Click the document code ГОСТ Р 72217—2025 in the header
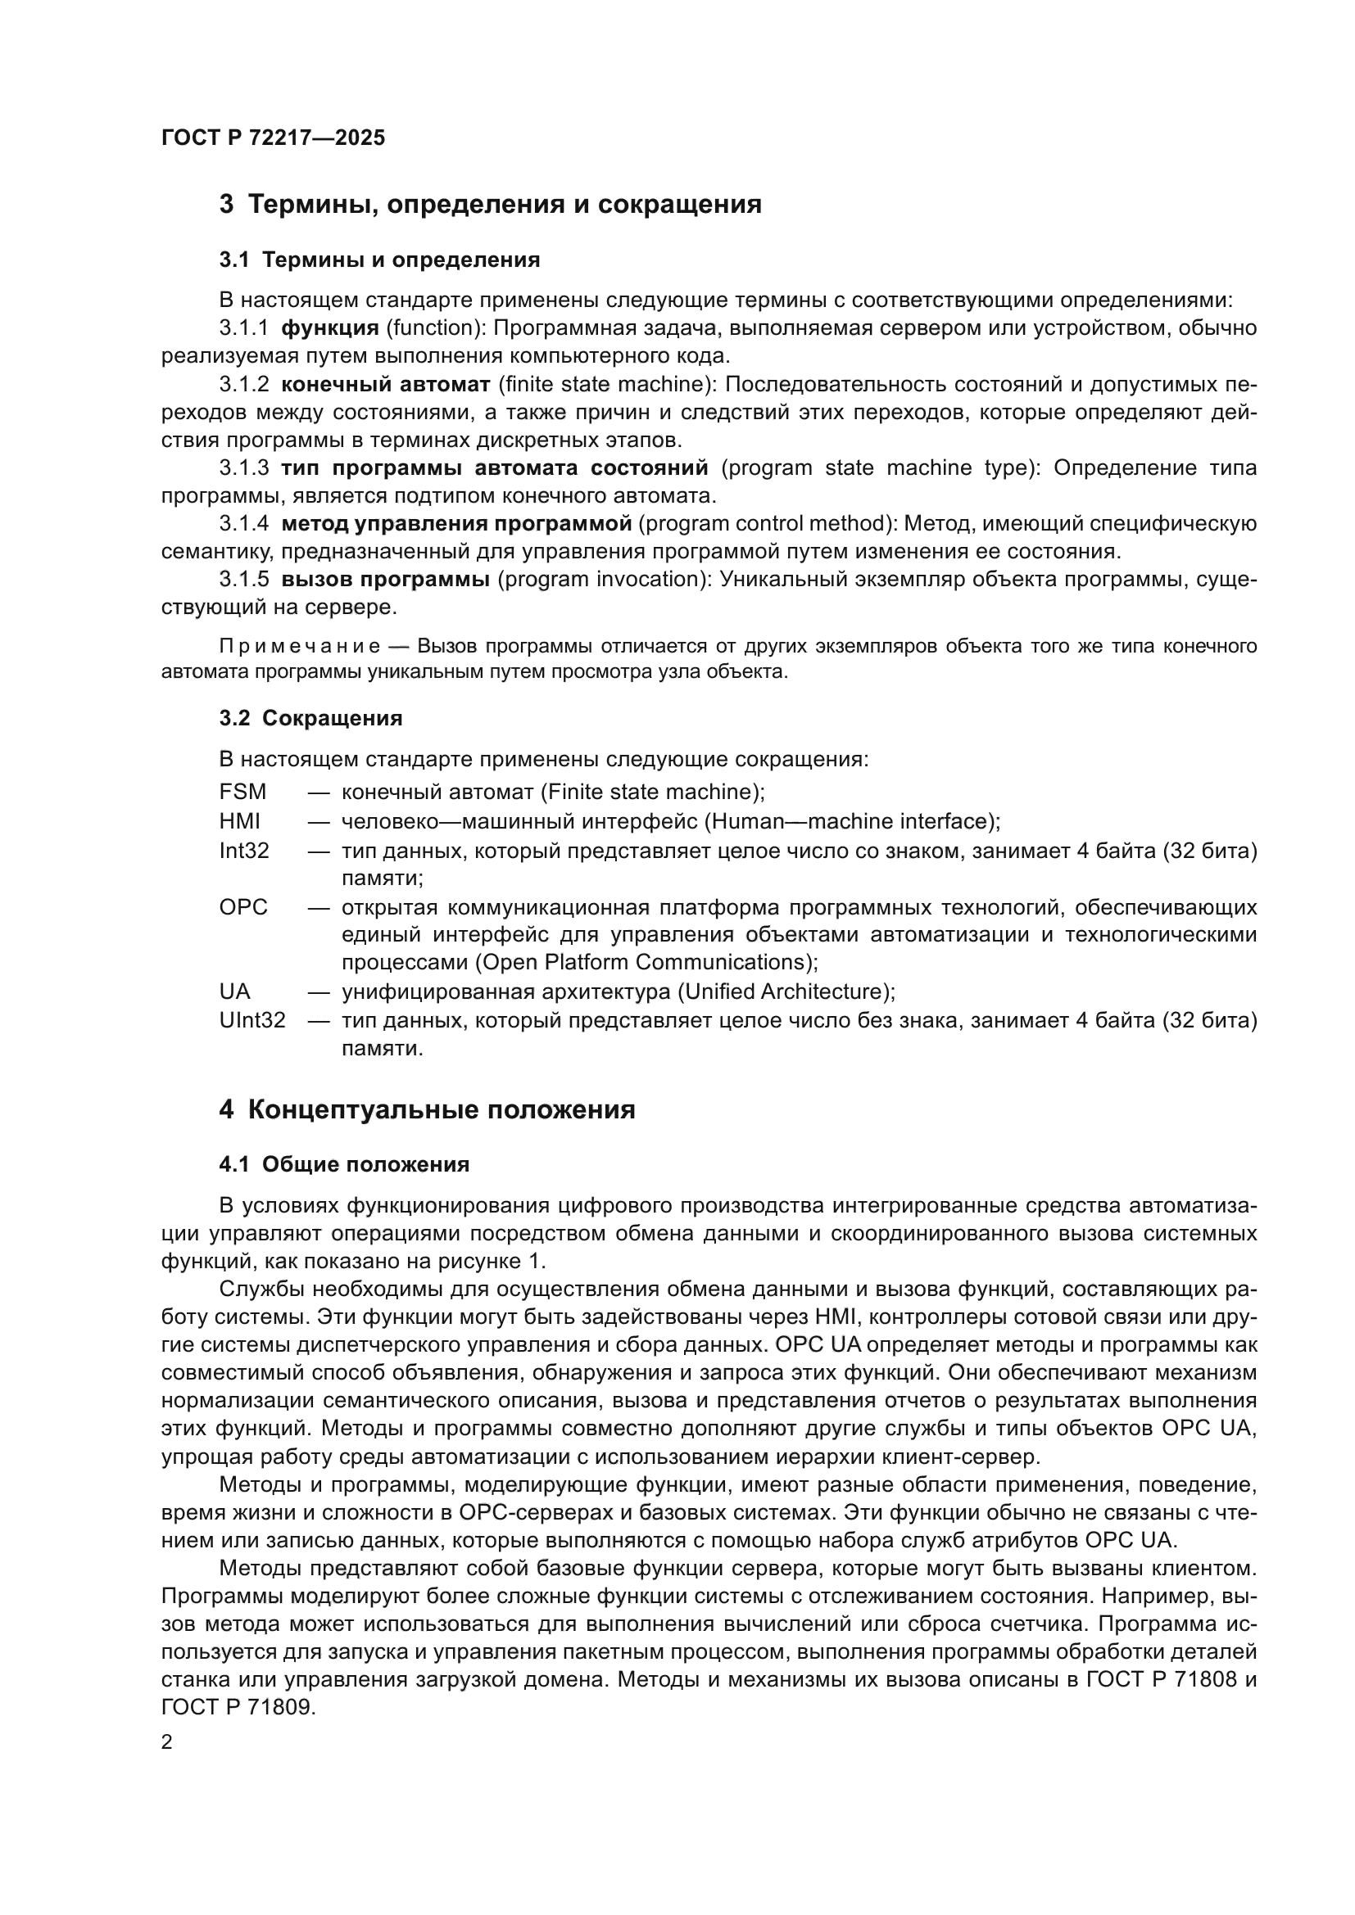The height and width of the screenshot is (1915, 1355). (273, 138)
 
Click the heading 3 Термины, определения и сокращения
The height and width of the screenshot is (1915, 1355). (490, 205)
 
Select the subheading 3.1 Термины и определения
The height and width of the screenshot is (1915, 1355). (379, 260)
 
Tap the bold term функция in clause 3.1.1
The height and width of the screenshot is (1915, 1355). (329, 328)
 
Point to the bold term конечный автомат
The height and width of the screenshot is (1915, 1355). (386, 385)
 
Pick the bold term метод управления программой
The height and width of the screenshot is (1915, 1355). (456, 524)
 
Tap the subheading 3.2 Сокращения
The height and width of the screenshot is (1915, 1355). (310, 718)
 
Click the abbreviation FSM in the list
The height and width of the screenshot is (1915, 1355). (242, 792)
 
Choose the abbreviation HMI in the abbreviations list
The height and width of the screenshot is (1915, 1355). (239, 821)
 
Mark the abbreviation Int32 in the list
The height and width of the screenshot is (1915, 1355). (243, 851)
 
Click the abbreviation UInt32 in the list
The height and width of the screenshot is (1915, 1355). (252, 1021)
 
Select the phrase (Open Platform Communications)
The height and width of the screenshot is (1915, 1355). (646, 963)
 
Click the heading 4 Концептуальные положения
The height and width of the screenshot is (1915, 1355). (427, 1110)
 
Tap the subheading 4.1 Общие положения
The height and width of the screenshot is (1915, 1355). (344, 1164)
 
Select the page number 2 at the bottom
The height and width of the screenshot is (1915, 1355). (167, 1742)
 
